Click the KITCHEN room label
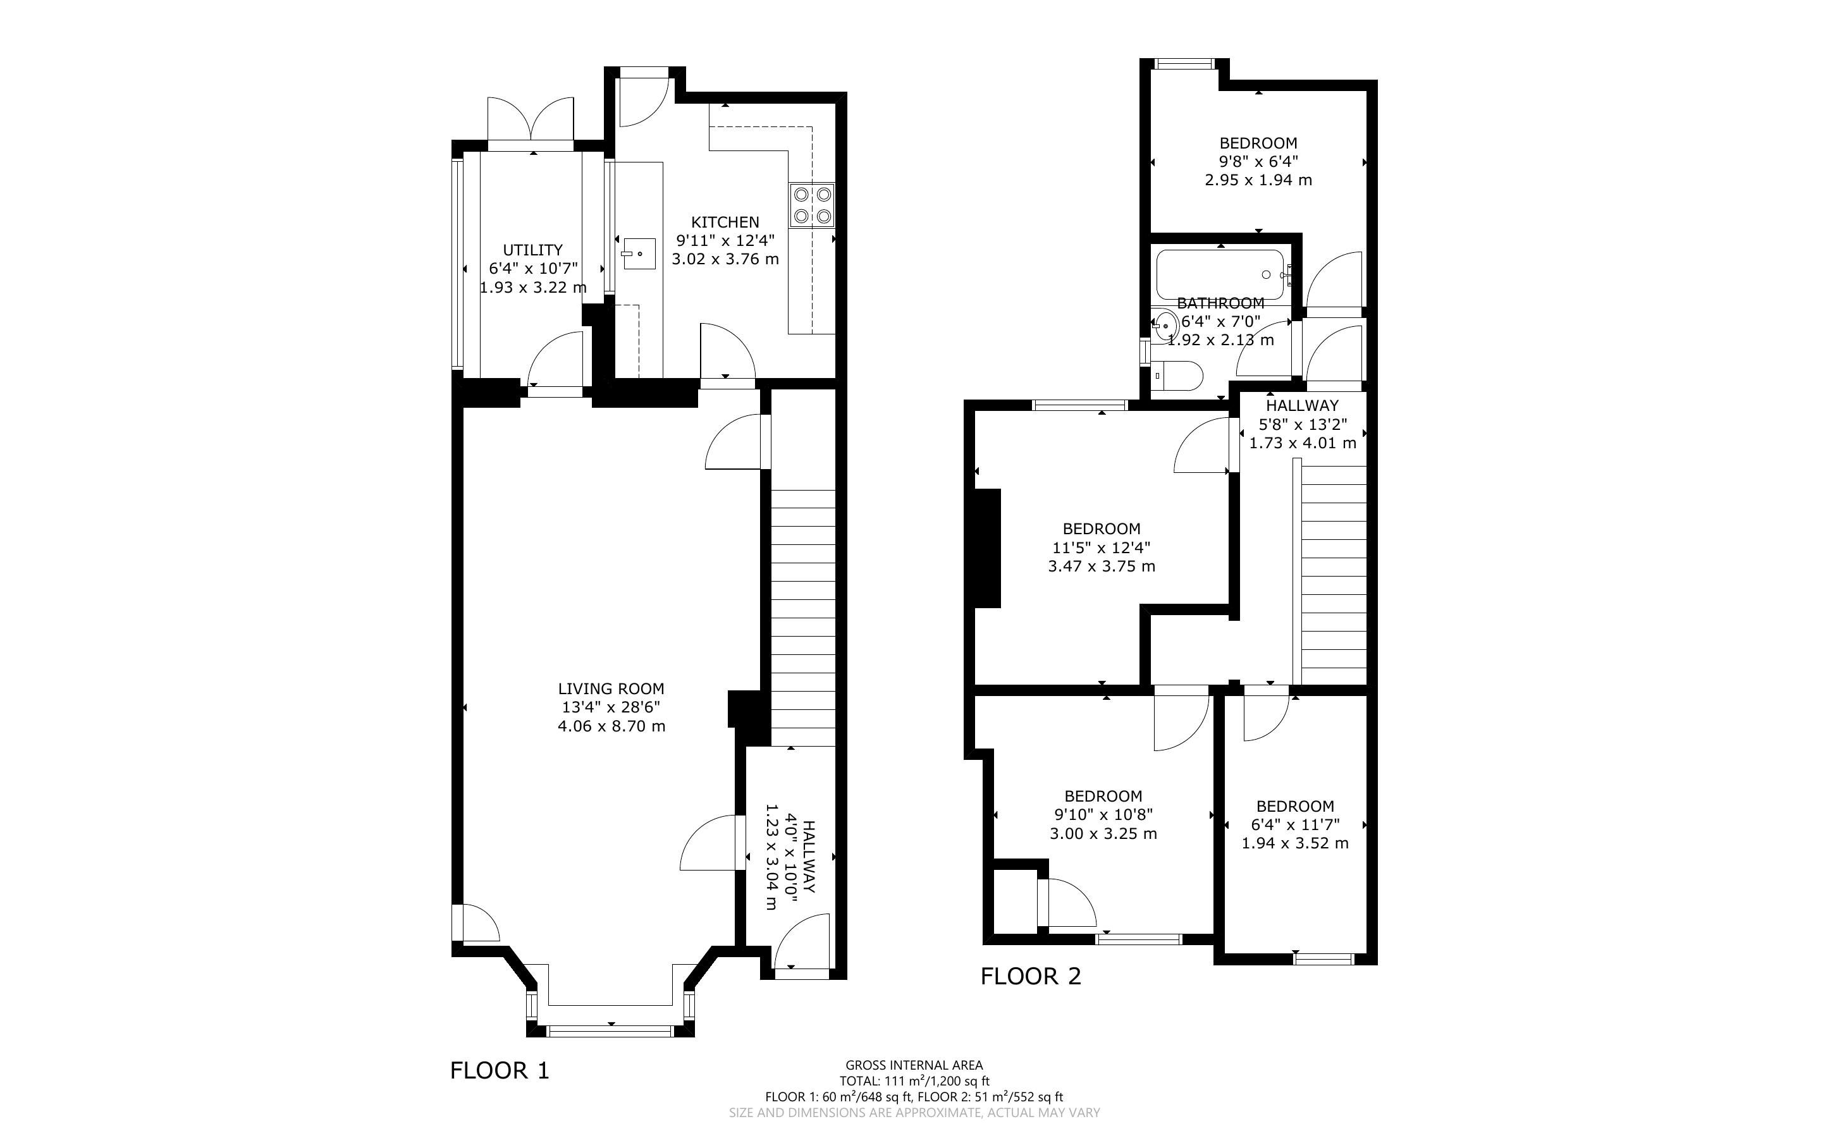click(x=725, y=223)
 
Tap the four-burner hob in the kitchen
click(x=812, y=205)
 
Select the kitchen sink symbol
click(x=639, y=254)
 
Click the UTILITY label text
click(x=533, y=250)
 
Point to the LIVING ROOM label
click(x=611, y=688)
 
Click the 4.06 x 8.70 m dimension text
click(x=611, y=726)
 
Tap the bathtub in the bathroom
click(x=1219, y=274)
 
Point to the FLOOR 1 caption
click(x=500, y=1070)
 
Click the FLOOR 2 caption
click(x=1031, y=977)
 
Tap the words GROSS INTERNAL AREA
click(x=914, y=1066)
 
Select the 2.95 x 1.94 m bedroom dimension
click(x=1258, y=181)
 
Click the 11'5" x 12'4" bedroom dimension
click(x=1102, y=547)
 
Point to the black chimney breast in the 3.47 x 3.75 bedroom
click(x=988, y=548)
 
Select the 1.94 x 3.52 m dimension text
click(x=1295, y=843)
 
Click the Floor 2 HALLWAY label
click(x=1301, y=405)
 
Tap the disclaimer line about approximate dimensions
click(x=914, y=1113)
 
